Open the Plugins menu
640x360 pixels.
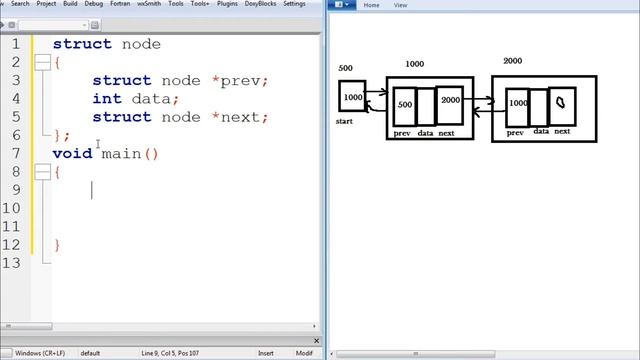pyautogui.click(x=229, y=4)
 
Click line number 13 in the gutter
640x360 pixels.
pyautogui.click(x=12, y=262)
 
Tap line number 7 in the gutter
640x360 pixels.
pyautogui.click(x=16, y=153)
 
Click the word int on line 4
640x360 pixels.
pyautogui.click(x=106, y=99)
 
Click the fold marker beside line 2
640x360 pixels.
pyautogui.click(x=42, y=63)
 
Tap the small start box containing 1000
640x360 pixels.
pyautogui.click(x=352, y=97)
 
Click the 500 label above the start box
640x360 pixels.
pyautogui.click(x=346, y=68)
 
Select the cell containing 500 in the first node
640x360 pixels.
pyautogui.click(x=404, y=105)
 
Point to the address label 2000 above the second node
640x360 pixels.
pyautogui.click(x=512, y=61)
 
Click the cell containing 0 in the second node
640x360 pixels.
pyautogui.click(x=561, y=102)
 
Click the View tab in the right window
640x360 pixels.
pyautogui.click(x=400, y=5)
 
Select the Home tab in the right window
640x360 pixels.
pyautogui.click(x=370, y=5)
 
